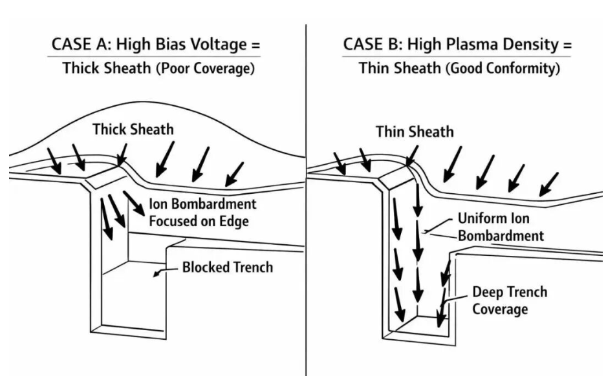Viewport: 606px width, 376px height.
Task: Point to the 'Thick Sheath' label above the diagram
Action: point(133,129)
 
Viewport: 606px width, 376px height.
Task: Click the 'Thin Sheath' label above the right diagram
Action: point(415,132)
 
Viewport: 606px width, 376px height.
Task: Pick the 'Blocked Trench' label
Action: point(227,267)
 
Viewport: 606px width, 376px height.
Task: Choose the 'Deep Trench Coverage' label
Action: point(508,300)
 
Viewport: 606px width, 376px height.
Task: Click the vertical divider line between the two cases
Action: point(305,194)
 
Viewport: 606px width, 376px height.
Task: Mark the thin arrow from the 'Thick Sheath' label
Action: point(122,153)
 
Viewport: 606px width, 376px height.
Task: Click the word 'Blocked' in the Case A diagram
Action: point(204,267)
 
